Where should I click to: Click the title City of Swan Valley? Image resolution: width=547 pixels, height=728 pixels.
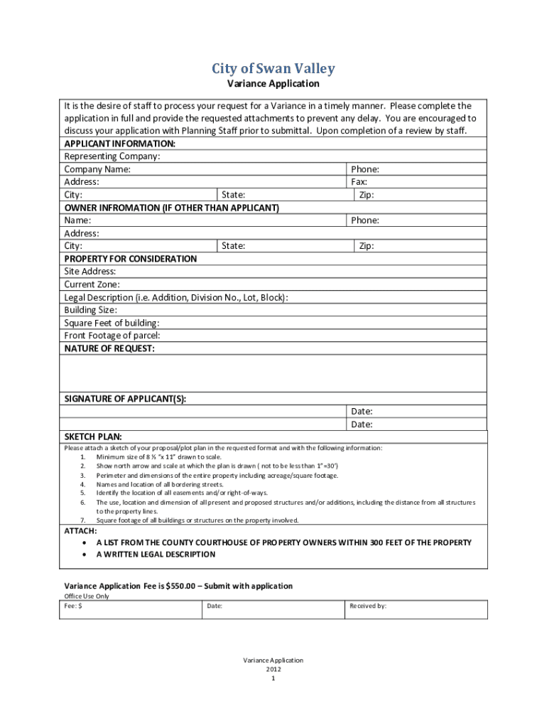[x=273, y=69]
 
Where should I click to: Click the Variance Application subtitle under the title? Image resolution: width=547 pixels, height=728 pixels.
[x=273, y=84]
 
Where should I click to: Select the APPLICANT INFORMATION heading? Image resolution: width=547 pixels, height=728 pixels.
[x=120, y=144]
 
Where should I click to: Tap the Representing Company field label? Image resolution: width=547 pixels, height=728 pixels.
[x=112, y=156]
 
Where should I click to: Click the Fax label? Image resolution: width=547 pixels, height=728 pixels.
[x=359, y=182]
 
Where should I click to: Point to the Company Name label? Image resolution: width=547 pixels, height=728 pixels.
[x=97, y=169]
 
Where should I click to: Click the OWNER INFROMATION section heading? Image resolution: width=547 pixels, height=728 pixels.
[x=171, y=208]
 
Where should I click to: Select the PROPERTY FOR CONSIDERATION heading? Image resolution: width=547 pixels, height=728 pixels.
[x=131, y=259]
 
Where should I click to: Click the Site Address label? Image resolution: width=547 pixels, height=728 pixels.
[x=90, y=272]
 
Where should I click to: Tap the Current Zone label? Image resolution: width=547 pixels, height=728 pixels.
[x=92, y=284]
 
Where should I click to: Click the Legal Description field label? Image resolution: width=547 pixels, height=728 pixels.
[x=176, y=297]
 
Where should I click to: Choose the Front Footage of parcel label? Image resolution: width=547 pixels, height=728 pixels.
[x=112, y=336]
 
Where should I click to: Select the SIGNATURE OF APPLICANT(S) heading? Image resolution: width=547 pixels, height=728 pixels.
[x=126, y=399]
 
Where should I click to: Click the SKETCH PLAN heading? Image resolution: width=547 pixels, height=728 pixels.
[x=93, y=437]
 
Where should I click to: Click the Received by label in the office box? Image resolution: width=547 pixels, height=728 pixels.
[x=367, y=606]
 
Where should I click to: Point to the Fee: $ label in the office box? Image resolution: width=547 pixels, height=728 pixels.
[x=74, y=606]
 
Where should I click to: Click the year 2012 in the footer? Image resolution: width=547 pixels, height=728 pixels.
[x=273, y=669]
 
